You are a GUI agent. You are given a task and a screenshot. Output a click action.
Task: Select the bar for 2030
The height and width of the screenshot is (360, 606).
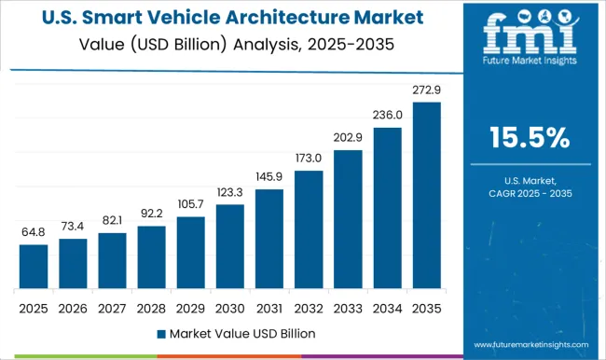pyautogui.click(x=228, y=246)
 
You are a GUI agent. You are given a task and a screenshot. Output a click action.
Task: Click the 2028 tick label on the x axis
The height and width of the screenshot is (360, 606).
pyautogui.click(x=151, y=306)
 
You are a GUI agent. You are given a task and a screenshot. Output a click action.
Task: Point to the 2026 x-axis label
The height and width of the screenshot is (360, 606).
pyautogui.click(x=73, y=306)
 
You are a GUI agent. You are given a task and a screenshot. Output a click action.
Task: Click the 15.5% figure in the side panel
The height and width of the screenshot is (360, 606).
pyautogui.click(x=530, y=139)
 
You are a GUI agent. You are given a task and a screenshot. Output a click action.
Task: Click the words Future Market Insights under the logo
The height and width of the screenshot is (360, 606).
pyautogui.click(x=529, y=67)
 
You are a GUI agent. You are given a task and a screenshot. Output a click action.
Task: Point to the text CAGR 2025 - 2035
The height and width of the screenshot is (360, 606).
pyautogui.click(x=530, y=192)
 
